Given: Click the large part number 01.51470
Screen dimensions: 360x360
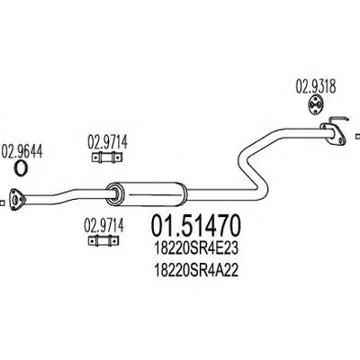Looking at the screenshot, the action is (196, 226).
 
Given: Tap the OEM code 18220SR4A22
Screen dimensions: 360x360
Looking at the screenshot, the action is (196, 271).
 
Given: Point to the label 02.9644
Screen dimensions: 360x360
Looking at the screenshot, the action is (22, 152).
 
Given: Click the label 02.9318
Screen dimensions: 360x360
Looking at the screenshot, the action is (316, 87).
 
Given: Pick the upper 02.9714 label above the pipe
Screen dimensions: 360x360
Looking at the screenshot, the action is (107, 142).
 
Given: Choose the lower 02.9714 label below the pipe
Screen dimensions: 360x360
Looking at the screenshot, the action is (103, 226).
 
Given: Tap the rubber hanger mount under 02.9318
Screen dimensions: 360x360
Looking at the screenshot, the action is (315, 104).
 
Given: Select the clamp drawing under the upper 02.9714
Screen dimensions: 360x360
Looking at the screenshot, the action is (107, 157).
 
